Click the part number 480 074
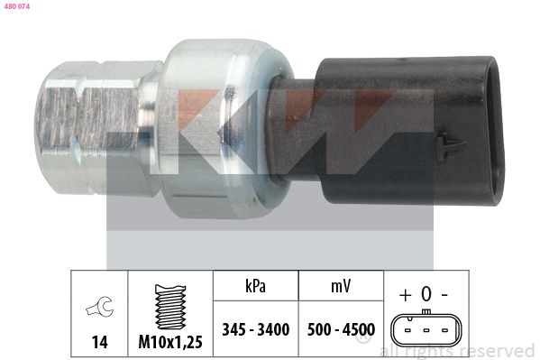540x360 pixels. point(17,6)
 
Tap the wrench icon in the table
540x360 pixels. point(99,306)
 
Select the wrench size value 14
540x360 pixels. point(99,343)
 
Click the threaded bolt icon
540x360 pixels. point(170,307)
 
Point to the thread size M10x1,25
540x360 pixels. point(170,342)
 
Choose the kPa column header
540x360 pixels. point(255,286)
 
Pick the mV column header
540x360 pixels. point(341,286)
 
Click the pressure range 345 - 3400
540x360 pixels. point(255,329)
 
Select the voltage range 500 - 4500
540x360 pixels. point(341,329)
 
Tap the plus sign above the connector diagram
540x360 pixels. point(406,295)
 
